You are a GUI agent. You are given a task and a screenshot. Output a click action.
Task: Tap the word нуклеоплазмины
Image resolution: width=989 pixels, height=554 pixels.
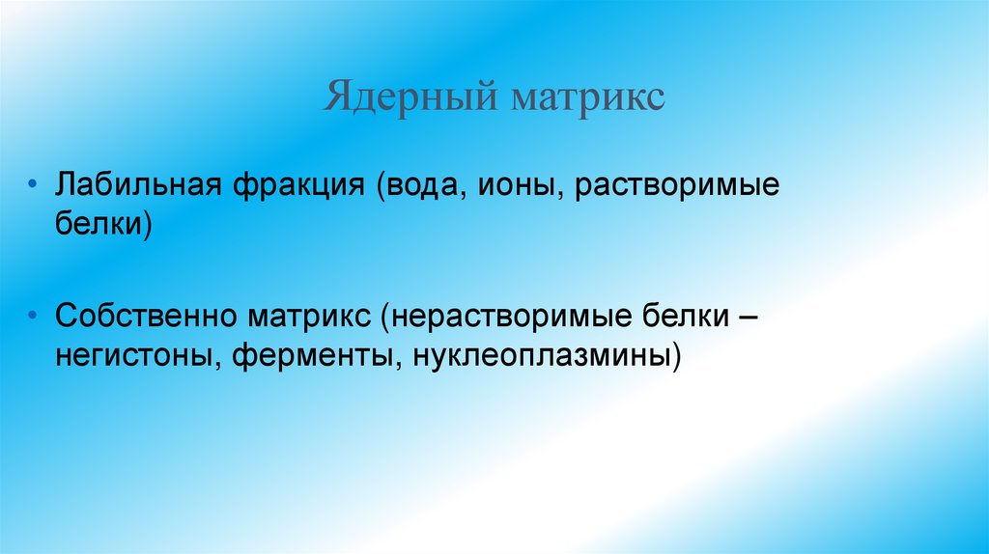[541, 355]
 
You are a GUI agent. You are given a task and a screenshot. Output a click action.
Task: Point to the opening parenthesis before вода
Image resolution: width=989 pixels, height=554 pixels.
[383, 184]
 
